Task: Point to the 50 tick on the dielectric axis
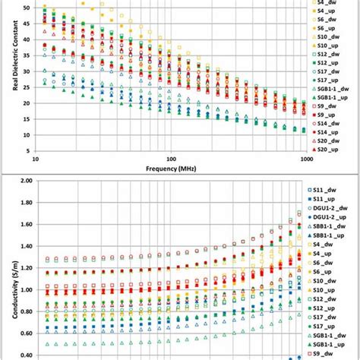tap(27, 8)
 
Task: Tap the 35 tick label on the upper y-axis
tap(27, 55)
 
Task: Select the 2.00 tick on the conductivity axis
tap(24, 182)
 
